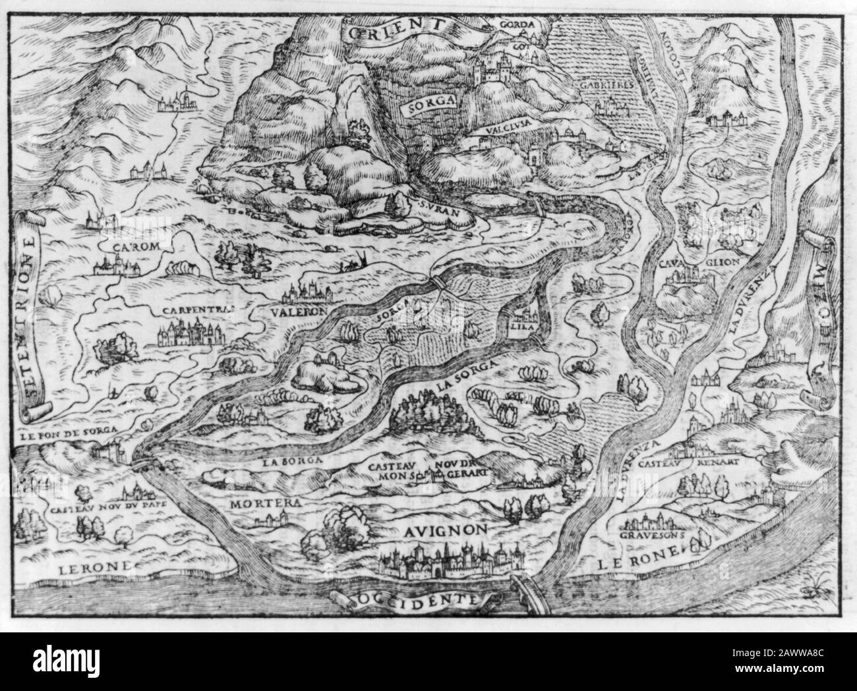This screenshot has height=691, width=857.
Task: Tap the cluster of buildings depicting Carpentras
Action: (x=190, y=332)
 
